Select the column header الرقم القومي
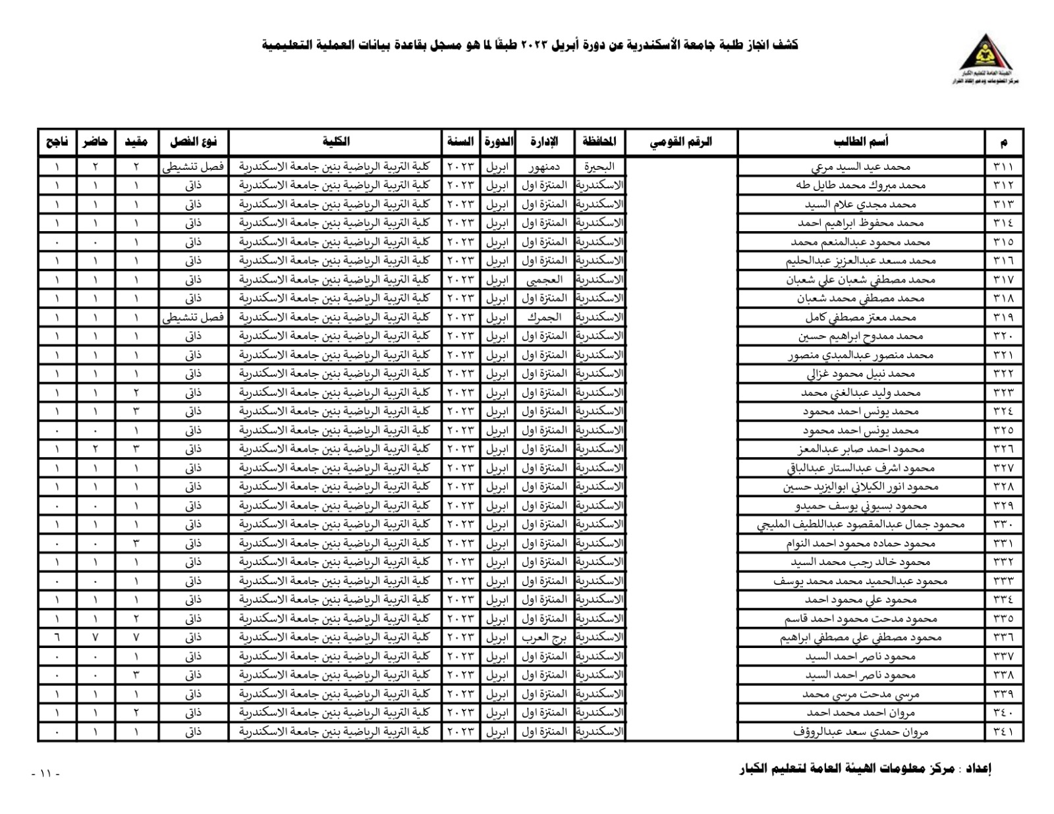click(681, 142)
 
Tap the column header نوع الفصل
click(193, 142)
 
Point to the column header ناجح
click(57, 142)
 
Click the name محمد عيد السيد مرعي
click(861, 167)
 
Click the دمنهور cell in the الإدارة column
click(543, 167)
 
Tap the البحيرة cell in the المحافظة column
click(599, 167)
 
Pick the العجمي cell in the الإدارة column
click(543, 280)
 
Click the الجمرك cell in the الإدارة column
click(543, 317)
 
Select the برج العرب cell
click(543, 638)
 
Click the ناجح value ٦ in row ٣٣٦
click(57, 638)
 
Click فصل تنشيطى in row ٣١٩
click(193, 317)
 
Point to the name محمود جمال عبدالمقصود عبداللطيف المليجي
click(861, 525)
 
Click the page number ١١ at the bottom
click(45, 773)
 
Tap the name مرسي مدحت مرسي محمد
click(861, 694)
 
